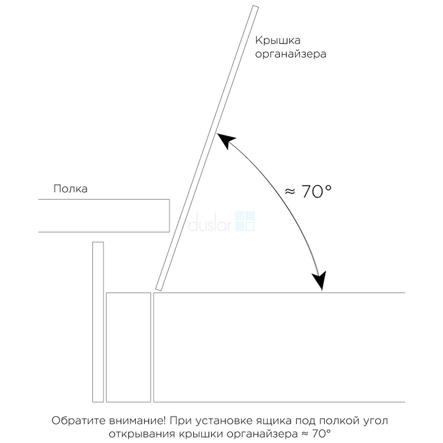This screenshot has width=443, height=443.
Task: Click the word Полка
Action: [x=70, y=189]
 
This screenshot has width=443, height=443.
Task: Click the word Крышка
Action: [x=277, y=40]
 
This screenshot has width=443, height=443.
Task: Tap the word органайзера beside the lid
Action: [x=291, y=54]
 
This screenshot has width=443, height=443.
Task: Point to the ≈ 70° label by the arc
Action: [x=308, y=191]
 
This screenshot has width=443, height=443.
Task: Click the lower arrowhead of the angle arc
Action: [x=319, y=281]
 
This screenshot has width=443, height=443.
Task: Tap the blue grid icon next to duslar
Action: [x=245, y=221]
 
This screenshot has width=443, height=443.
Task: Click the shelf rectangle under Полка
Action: [x=104, y=216]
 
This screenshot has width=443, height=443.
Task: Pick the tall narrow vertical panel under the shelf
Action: [x=98, y=322]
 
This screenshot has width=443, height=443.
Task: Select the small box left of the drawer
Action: [x=128, y=347]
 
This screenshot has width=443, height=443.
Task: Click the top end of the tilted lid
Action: [x=256, y=7]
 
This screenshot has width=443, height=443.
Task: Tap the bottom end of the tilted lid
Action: [x=159, y=289]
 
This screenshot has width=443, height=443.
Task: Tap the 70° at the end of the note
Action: [x=321, y=433]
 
